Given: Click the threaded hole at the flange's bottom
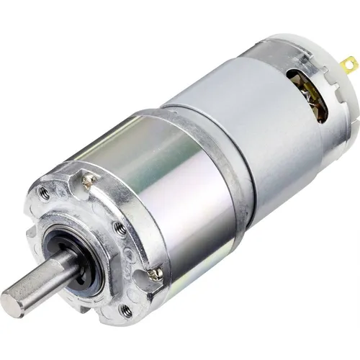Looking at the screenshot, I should [x=127, y=310].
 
